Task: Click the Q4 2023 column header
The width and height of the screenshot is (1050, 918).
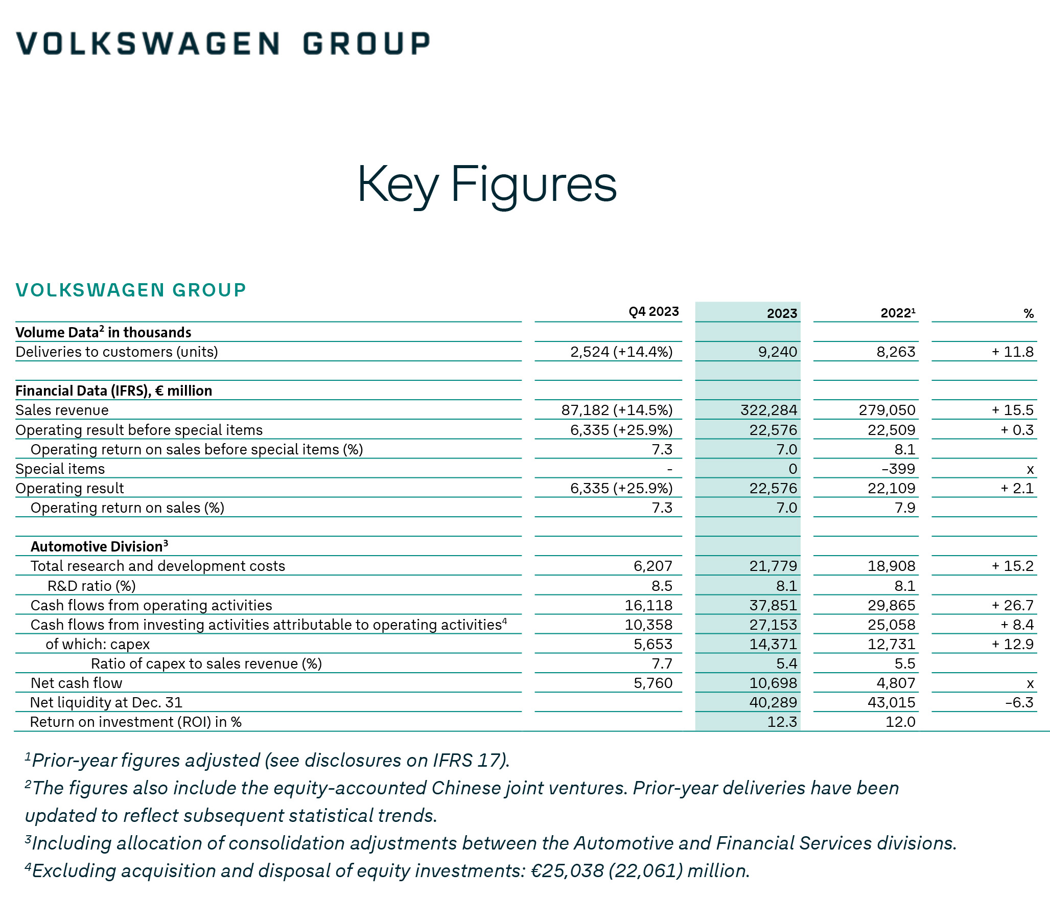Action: coord(654,311)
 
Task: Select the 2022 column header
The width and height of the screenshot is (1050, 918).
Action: coord(897,313)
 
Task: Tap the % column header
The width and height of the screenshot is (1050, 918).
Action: coord(1029,313)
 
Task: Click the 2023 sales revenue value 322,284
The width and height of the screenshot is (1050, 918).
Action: coord(769,410)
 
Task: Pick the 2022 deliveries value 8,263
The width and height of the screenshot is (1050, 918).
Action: coord(896,352)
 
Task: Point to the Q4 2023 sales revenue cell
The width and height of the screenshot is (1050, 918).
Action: coord(617,410)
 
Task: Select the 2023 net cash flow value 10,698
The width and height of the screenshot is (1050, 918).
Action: coord(774,683)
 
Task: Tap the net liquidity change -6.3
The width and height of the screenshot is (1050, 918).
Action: coord(1019,702)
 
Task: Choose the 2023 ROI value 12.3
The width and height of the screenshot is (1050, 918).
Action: coord(782,722)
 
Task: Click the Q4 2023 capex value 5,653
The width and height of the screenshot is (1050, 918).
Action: coord(653,644)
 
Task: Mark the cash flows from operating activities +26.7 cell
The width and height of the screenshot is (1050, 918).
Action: coord(1013,605)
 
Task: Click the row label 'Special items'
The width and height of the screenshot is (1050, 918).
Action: coord(60,469)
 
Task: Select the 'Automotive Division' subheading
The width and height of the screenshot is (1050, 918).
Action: coord(99,546)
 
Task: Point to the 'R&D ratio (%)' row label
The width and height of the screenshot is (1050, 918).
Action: coord(91,586)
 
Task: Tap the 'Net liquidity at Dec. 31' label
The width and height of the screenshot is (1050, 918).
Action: coord(106,702)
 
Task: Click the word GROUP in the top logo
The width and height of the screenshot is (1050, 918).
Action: coord(366,43)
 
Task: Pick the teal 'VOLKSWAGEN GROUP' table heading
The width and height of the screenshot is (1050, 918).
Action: coord(131,290)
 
